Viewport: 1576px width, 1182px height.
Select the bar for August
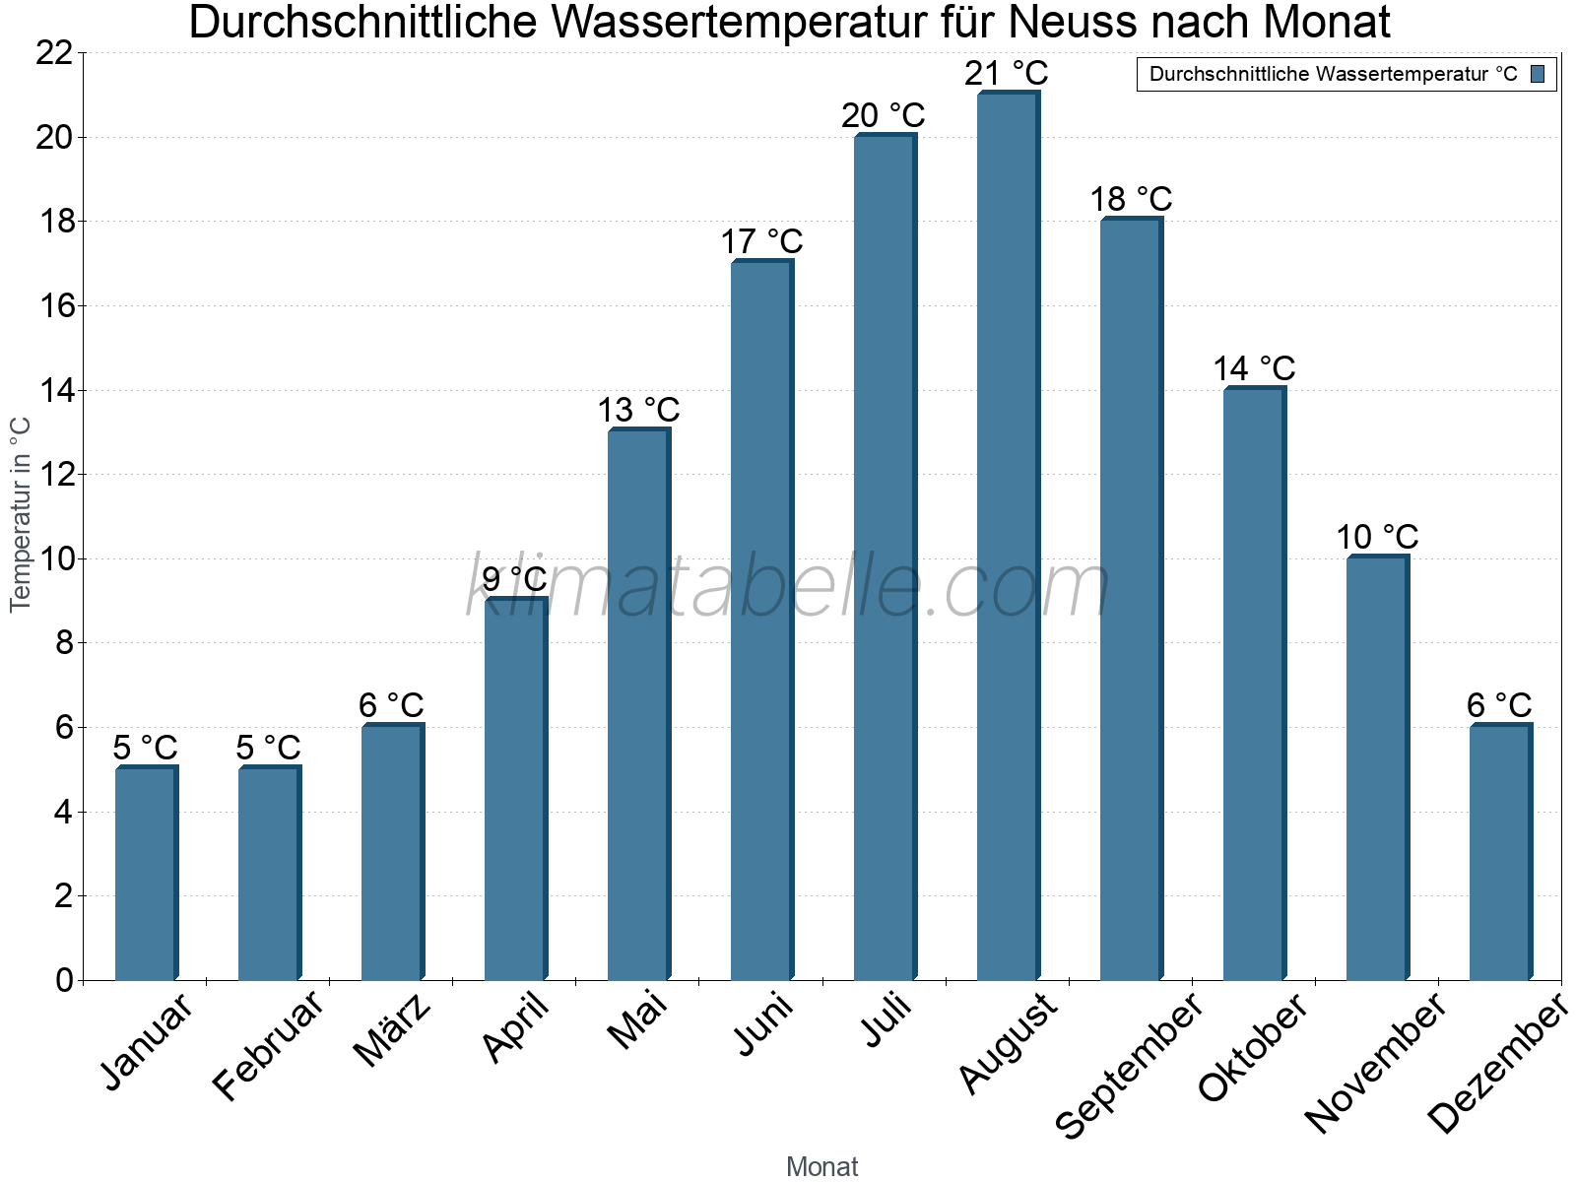click(1007, 537)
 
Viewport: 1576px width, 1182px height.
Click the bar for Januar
click(146, 874)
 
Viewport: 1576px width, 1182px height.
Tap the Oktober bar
click(1254, 685)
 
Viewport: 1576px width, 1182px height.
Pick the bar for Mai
click(638, 705)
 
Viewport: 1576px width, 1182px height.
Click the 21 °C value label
click(1007, 74)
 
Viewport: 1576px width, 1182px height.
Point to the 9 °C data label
click(514, 579)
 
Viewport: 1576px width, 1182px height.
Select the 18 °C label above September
click(1131, 200)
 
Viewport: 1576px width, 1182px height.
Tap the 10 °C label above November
click(1377, 538)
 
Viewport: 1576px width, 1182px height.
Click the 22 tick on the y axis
click(54, 53)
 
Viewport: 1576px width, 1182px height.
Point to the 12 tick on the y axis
click(54, 475)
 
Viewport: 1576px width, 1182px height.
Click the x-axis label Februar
click(268, 1045)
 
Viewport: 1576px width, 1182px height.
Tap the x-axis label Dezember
click(1497, 1064)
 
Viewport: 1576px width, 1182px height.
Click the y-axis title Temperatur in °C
click(21, 514)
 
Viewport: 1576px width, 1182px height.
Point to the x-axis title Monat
click(822, 1167)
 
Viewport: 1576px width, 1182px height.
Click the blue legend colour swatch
click(1538, 74)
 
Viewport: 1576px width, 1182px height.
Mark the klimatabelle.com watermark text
click(788, 588)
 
